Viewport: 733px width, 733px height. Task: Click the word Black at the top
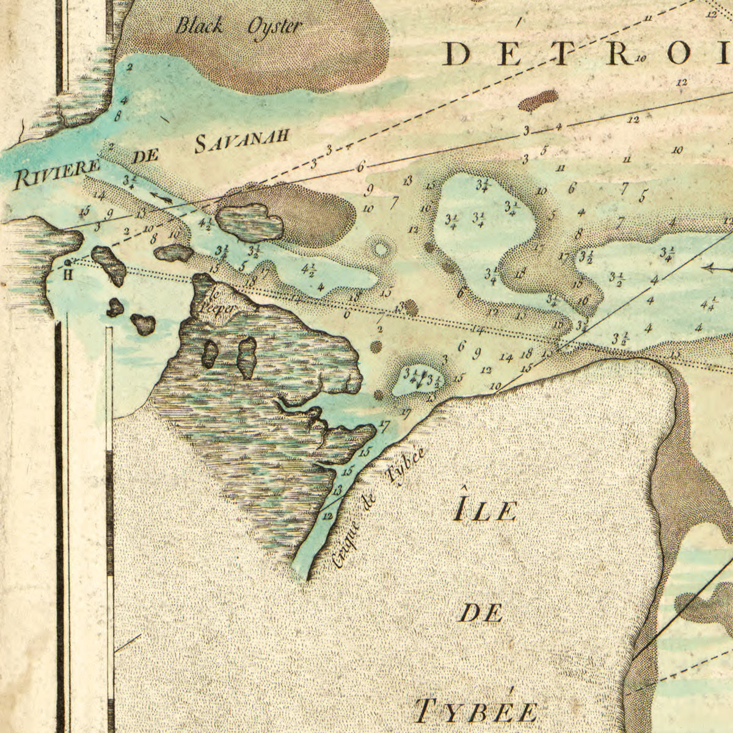coord(199,26)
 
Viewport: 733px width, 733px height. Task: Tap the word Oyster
coord(274,27)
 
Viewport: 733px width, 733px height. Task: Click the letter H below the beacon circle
coord(68,274)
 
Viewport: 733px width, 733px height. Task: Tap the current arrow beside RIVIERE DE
coord(161,197)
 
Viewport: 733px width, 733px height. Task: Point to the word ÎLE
coord(486,509)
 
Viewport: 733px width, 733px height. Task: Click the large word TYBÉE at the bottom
coord(477,711)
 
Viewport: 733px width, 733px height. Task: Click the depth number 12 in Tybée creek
coord(327,516)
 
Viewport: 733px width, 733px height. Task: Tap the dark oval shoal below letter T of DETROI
coord(538,100)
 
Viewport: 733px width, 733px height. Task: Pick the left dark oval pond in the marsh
coord(210,352)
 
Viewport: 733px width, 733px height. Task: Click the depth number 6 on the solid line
coord(361,166)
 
